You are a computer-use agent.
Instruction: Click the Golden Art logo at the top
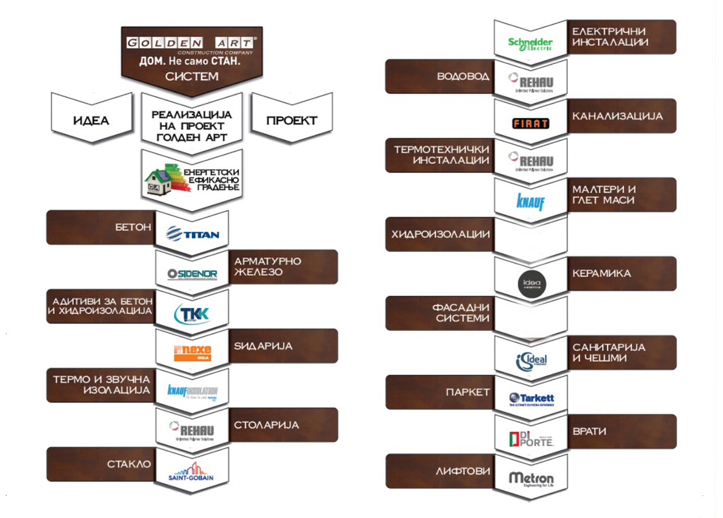point(191,44)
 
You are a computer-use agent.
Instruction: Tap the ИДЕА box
point(91,120)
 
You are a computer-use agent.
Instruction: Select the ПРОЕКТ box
point(292,120)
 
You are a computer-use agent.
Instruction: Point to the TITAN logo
point(192,234)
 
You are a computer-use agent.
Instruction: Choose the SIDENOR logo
point(192,274)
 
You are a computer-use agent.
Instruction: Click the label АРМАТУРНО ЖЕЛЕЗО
point(268,267)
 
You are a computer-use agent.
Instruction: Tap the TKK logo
point(192,313)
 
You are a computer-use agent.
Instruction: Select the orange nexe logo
point(192,352)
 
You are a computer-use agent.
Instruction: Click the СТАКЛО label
point(130,464)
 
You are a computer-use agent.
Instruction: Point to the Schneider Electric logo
point(530,43)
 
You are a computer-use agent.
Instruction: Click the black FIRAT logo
point(531,123)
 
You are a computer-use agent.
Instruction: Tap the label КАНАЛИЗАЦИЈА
point(617,117)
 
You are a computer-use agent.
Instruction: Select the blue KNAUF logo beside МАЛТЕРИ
point(530,201)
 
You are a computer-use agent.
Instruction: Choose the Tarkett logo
point(531,399)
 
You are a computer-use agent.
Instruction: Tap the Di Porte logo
point(531,439)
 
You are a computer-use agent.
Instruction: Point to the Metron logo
point(531,479)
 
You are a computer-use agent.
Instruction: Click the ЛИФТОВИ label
point(463,471)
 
